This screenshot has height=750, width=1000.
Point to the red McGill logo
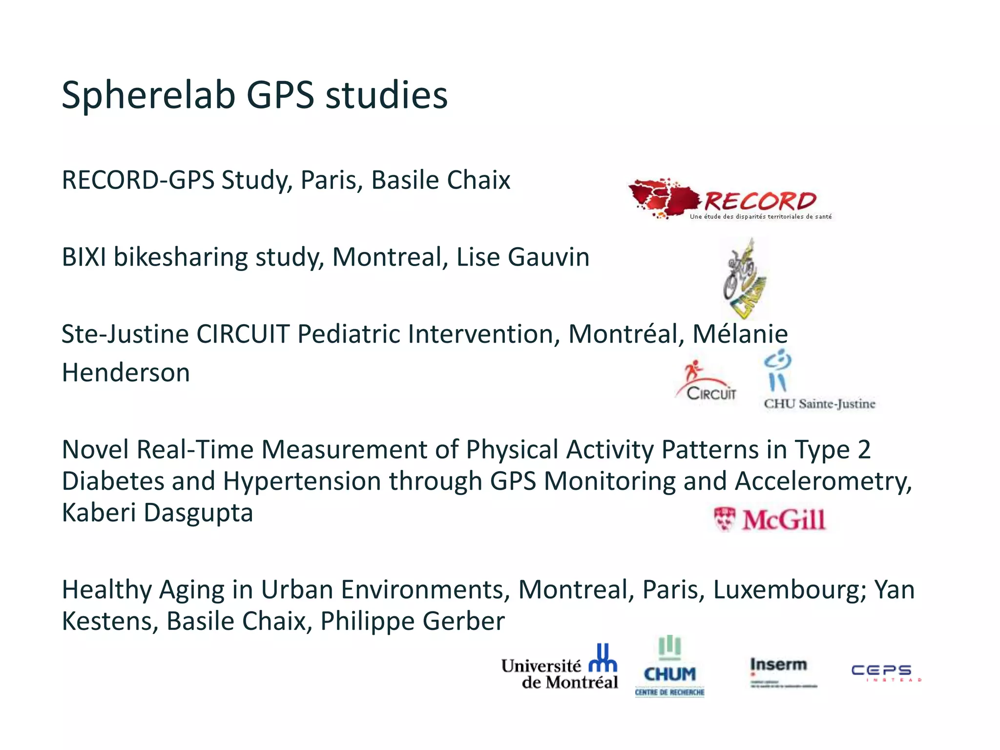coord(770,520)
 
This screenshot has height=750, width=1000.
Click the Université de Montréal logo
coord(560,668)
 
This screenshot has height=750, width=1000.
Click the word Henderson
coord(125,373)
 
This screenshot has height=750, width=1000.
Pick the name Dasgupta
coord(198,513)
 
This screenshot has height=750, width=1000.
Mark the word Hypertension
coord(302,481)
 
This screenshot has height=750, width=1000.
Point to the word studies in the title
coord(386,95)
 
